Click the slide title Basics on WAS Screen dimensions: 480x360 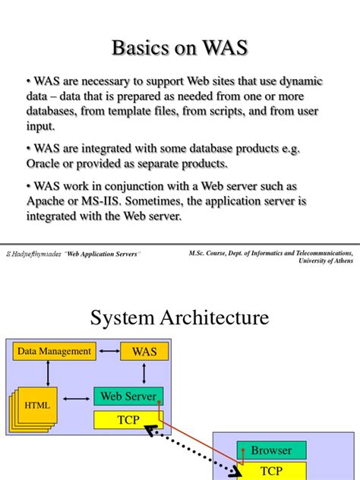(179, 48)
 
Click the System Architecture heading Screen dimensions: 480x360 (179, 317)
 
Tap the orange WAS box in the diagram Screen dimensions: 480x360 (144, 352)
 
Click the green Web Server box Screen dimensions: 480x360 (128, 396)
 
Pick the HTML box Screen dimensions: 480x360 (37, 406)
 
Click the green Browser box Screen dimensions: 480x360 (271, 450)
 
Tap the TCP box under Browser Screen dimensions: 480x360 (271, 471)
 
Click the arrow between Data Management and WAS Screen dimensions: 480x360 (109, 352)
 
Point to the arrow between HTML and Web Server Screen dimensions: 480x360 (77, 397)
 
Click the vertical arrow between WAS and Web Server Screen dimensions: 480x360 (144, 374)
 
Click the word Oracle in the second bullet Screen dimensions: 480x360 (45, 164)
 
